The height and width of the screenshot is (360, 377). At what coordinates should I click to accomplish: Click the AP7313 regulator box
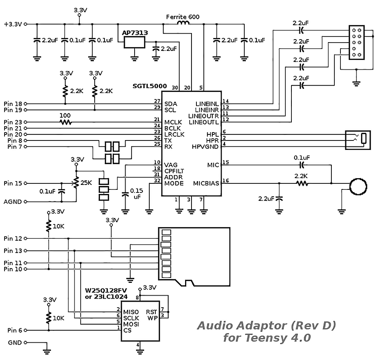pos(135,43)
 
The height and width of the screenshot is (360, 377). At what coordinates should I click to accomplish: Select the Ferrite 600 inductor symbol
pos(183,23)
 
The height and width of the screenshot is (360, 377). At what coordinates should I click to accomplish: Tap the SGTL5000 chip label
pos(150,86)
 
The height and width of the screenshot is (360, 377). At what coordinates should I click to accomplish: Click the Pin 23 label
pos(13,122)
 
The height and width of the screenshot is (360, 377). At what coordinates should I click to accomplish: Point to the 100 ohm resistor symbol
pos(65,122)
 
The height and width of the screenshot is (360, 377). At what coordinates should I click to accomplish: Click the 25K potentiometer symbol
pos(76,183)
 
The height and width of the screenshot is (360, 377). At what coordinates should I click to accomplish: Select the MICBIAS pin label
pos(206,183)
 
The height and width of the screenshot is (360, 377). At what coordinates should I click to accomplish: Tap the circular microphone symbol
pos(358,186)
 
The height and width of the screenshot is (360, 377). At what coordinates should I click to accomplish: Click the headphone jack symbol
pos(358,140)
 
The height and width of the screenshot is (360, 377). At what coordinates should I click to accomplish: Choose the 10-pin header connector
pos(357,43)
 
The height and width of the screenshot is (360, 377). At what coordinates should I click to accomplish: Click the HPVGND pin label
pos(205,147)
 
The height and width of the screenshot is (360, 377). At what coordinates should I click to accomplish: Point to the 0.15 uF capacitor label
pos(136,194)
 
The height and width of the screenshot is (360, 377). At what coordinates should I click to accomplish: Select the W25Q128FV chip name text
pos(106,290)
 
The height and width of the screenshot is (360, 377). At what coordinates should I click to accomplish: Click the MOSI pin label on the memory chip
pos(131,324)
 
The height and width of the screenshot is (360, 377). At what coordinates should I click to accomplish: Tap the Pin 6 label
pos(15,330)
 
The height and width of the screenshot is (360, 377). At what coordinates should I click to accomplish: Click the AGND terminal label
pos(12,202)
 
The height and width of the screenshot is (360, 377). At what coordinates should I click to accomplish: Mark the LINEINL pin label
pos(207,104)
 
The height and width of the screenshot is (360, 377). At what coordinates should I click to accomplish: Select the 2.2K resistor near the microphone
pos(302,183)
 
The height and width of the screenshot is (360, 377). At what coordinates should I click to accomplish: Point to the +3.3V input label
pos(13,24)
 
